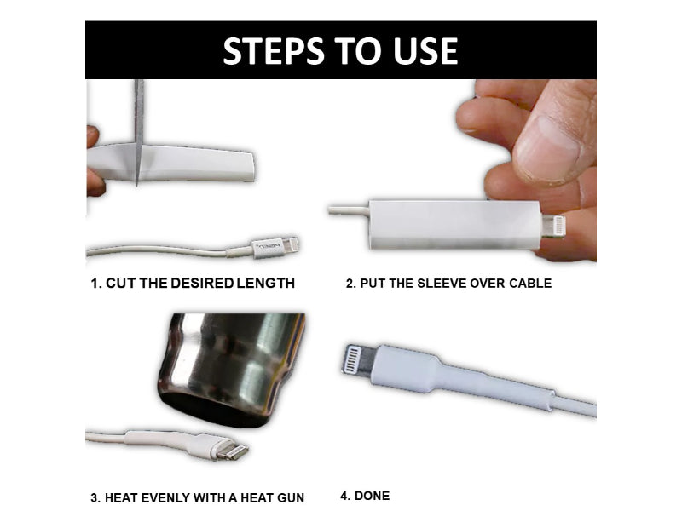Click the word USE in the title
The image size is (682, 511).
coord(421,51)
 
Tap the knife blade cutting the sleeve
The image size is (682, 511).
coord(139,128)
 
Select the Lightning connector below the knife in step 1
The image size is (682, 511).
coord(276,247)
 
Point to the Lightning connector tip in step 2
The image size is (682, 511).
coord(554,227)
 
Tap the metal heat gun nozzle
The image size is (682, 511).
coord(230,366)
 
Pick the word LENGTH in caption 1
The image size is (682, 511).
coord(263,283)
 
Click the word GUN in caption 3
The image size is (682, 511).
coord(288,497)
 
